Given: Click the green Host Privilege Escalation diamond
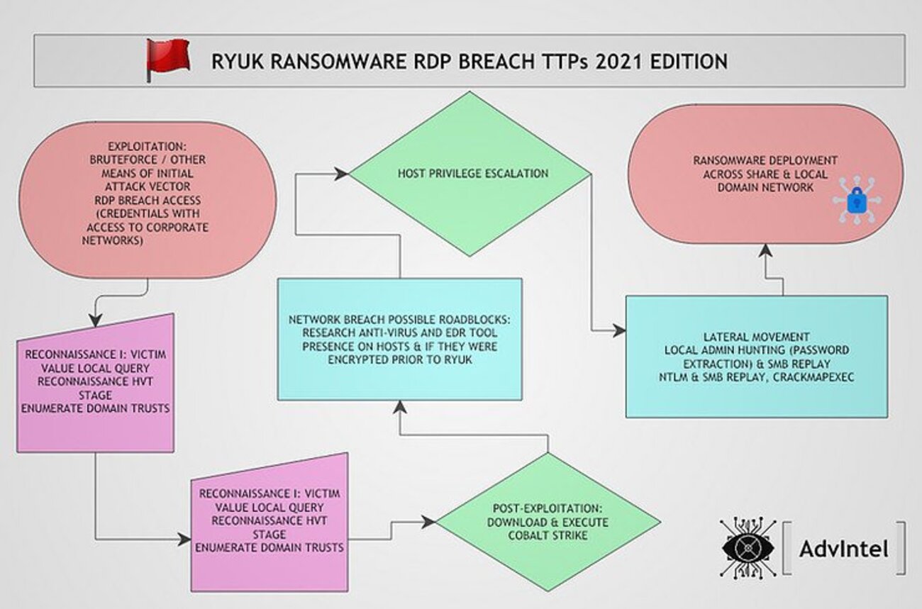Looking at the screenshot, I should pos(469,173).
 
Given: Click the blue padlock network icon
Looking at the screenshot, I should pos(856,201).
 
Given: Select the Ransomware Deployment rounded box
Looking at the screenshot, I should pos(765,174).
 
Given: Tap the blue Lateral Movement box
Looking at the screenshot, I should pos(756,356).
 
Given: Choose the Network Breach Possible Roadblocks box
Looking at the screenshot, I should pos(399,339).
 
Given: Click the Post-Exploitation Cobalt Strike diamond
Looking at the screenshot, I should pos(548,523).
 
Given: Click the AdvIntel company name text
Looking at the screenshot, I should pos(843,549).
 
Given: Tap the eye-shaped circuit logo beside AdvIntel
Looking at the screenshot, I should pos(748,548).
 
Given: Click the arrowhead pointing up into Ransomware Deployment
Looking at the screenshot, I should pos(765,249).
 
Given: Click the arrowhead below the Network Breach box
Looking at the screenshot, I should pos(399,407).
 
